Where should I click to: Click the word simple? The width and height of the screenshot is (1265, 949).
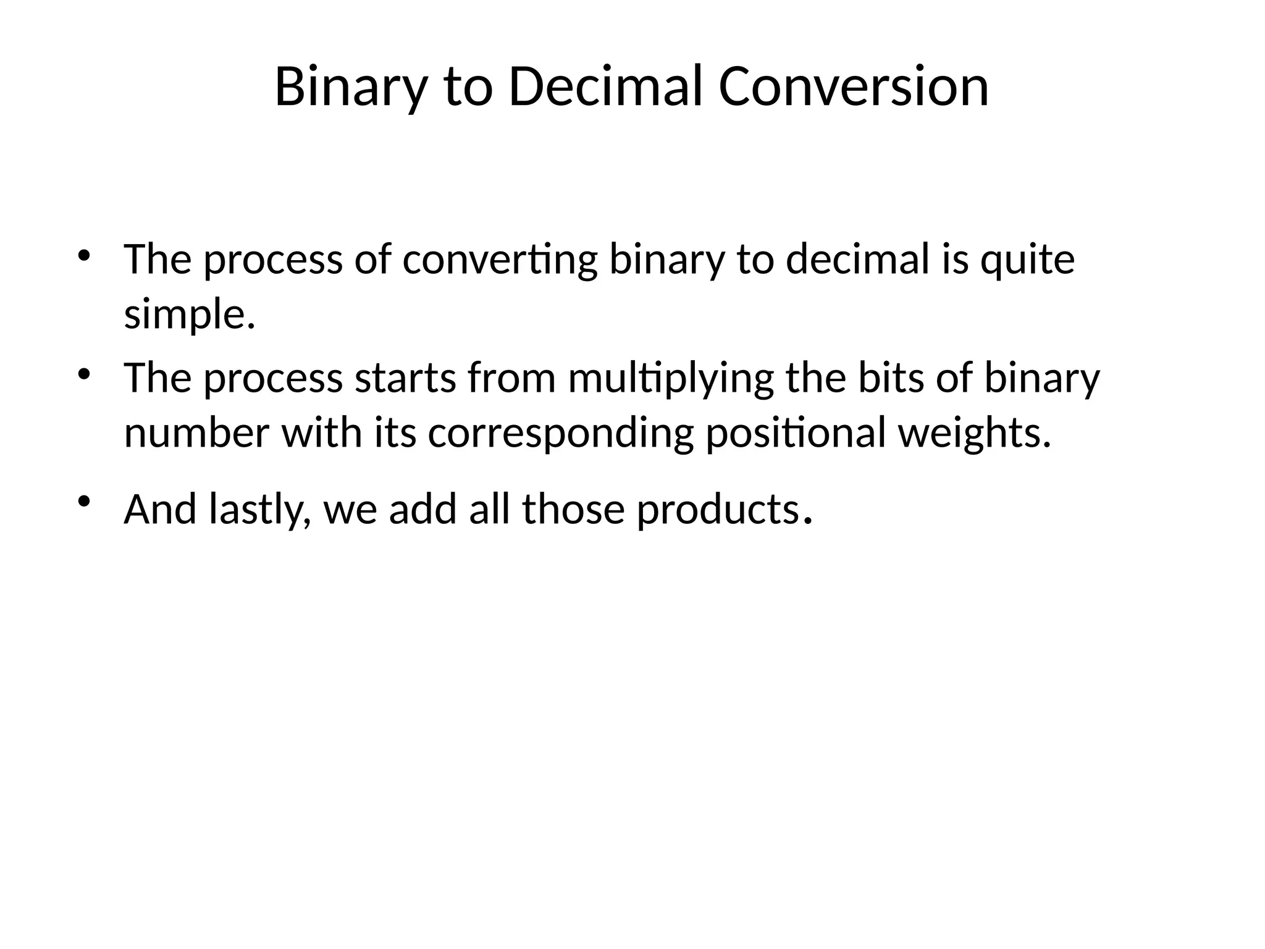tap(189, 314)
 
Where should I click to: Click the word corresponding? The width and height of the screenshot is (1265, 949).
tap(560, 433)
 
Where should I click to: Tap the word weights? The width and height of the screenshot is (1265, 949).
tap(973, 433)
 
